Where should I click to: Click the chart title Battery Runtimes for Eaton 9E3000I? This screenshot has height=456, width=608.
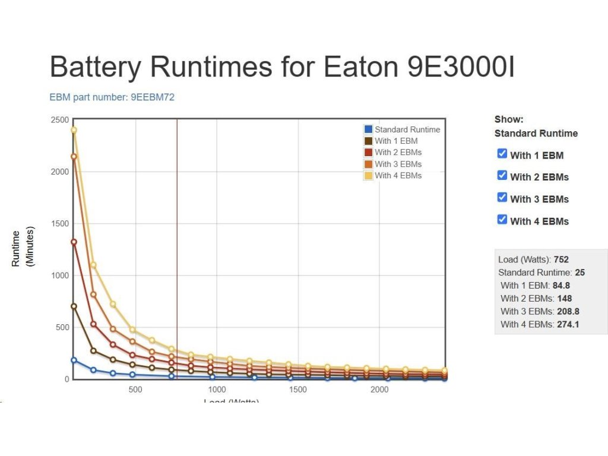point(282,66)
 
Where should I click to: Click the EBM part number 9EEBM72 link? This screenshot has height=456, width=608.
point(112,97)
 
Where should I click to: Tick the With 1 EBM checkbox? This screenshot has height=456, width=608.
point(502,154)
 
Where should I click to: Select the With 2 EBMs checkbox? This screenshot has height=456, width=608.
point(502,176)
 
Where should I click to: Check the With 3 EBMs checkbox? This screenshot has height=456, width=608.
point(502,198)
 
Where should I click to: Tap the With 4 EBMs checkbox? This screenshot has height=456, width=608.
point(502,220)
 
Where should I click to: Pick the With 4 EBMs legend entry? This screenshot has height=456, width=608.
point(398,175)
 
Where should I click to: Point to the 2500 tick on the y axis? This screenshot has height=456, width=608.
point(60,120)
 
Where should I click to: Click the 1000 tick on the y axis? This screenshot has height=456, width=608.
point(60,275)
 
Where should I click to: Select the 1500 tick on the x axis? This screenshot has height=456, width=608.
point(298,389)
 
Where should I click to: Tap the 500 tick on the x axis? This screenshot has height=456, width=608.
point(135,389)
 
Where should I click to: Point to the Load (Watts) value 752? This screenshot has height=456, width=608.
point(561,259)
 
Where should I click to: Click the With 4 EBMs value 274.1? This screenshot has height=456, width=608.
point(568,324)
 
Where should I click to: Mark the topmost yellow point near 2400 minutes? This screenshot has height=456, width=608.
point(74,130)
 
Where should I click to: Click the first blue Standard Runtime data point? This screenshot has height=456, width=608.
point(74,360)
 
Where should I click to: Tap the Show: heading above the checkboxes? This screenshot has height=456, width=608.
point(509,119)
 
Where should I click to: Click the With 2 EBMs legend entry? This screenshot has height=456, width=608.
point(398,153)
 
